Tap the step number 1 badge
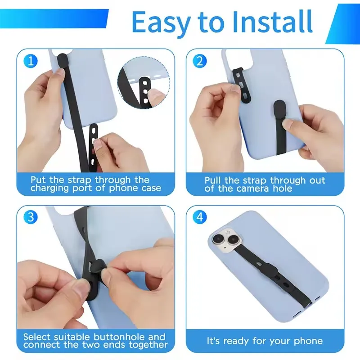pos(30,61)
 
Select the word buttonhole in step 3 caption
pos(118,337)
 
